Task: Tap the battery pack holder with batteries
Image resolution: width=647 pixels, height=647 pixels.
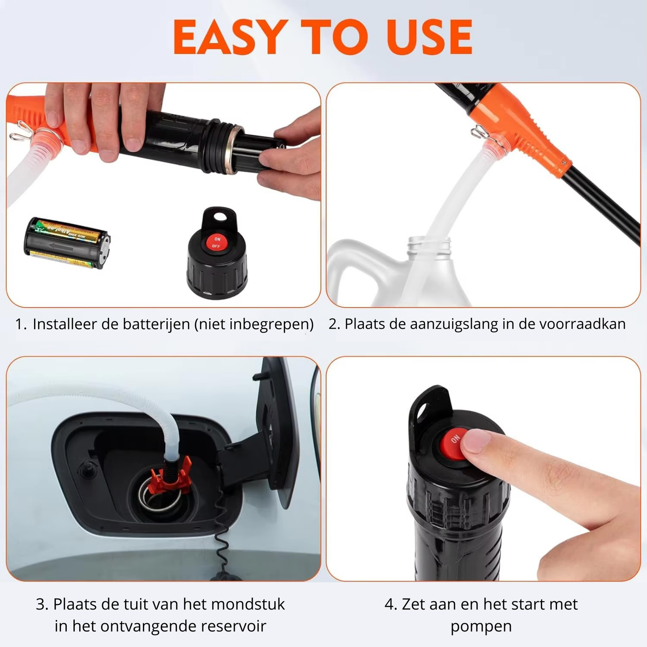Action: click(67, 243)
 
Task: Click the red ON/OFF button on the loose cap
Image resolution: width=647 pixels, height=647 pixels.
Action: click(217, 243)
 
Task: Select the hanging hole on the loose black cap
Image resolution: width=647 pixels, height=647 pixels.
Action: click(219, 217)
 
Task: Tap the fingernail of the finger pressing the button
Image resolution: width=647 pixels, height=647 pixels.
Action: click(476, 440)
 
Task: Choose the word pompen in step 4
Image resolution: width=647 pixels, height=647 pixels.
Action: click(481, 626)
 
